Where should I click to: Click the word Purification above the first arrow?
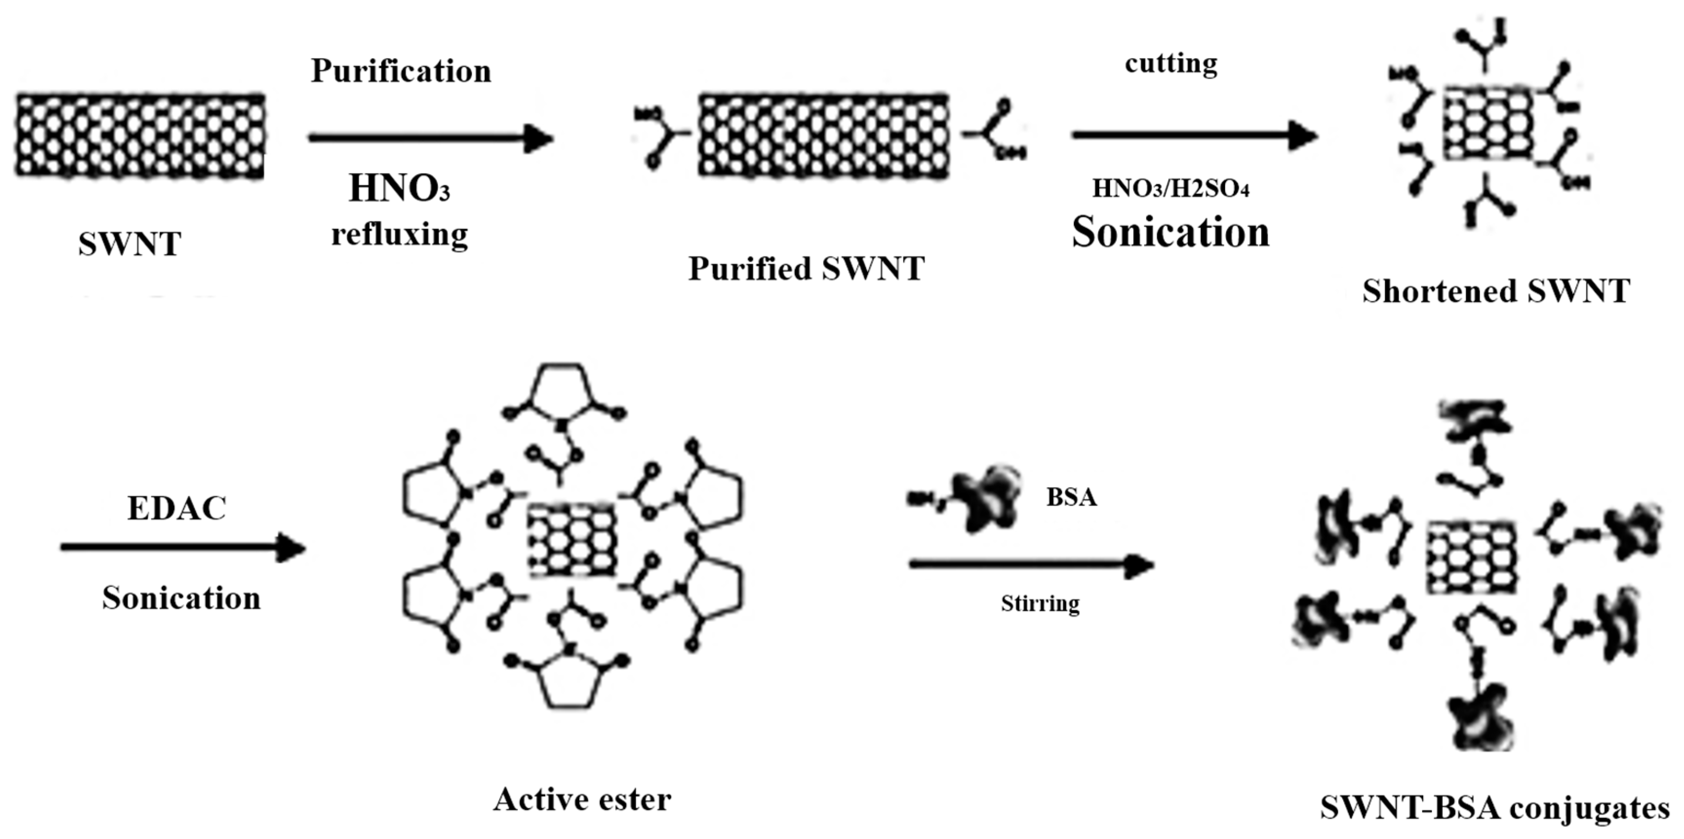click(401, 71)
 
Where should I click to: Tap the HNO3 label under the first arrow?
click(399, 188)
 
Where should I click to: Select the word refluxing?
click(399, 234)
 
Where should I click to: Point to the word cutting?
click(1171, 64)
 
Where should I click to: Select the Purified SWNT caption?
click(806, 269)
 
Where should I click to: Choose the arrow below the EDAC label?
click(183, 547)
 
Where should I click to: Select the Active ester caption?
click(582, 799)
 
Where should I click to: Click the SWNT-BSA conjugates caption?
click(1494, 808)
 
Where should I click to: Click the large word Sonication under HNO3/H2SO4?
click(1170, 232)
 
